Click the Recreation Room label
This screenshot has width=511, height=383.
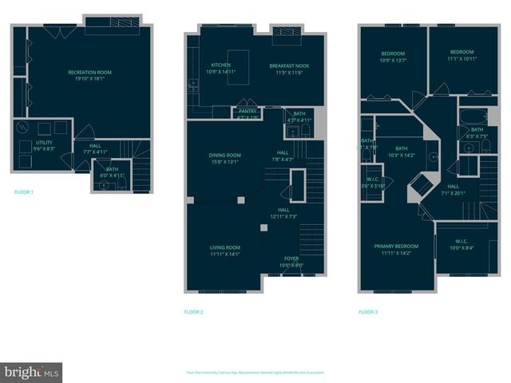pos(89,75)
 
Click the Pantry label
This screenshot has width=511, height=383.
pos(248,114)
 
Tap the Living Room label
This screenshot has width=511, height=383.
pos(224,251)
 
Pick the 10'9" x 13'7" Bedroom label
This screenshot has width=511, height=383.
pos(393,57)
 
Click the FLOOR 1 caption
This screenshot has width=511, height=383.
pos(24,191)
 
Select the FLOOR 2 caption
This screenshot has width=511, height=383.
pos(193,311)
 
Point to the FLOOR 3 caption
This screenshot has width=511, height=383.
pos(368,311)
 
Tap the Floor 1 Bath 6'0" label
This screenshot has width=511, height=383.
pos(112,172)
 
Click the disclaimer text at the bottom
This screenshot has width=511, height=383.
pos(255,373)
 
